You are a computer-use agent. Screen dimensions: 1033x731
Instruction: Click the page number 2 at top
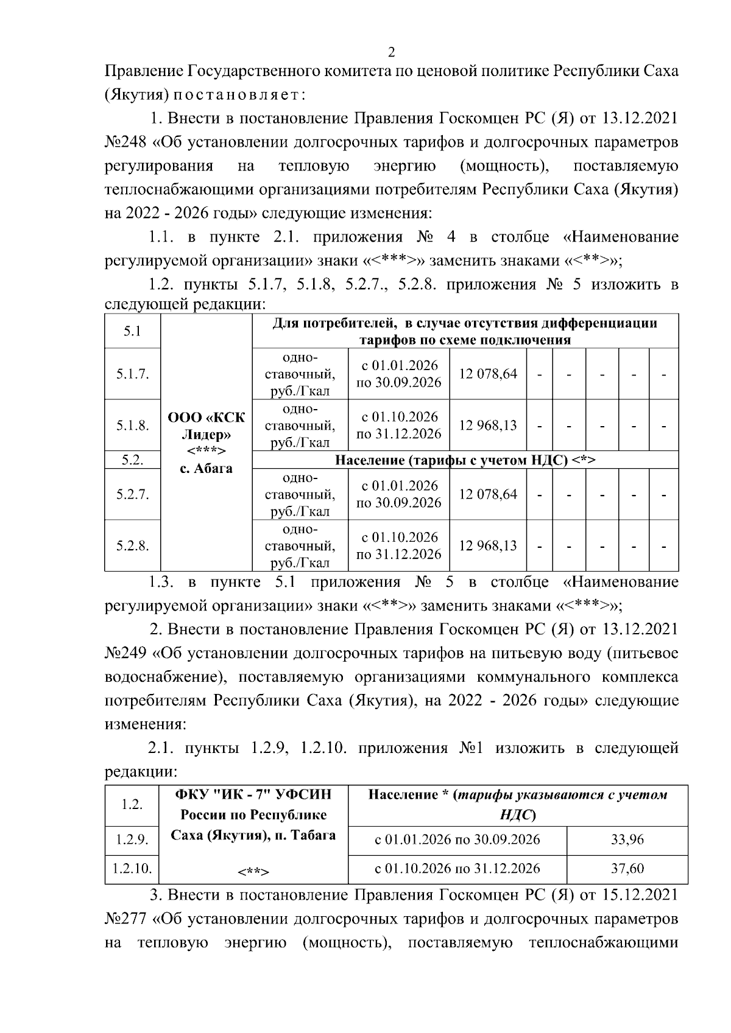point(391,52)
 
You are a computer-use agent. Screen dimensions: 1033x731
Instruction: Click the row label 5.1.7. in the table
point(133,374)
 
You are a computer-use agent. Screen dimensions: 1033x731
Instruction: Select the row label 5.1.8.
point(133,425)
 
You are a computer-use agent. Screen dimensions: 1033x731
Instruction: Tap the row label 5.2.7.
point(133,494)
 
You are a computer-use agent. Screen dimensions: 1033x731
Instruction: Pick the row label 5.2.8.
point(133,545)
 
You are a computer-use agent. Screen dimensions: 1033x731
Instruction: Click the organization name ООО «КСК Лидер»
point(207,426)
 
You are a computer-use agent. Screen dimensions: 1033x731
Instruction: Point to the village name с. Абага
point(207,469)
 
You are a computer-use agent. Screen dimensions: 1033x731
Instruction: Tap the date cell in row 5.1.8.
point(399,425)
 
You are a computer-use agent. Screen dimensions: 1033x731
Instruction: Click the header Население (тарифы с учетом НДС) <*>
point(465,460)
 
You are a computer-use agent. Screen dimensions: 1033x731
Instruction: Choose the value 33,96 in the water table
point(627,840)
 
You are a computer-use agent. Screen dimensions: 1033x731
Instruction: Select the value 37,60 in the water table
point(627,869)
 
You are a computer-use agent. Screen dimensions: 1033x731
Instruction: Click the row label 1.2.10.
point(132,869)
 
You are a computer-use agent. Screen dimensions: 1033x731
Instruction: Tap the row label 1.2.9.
point(132,840)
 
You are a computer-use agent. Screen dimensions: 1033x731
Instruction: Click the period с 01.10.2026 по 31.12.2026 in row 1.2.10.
point(457,869)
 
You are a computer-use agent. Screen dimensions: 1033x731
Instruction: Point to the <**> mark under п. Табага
point(253,872)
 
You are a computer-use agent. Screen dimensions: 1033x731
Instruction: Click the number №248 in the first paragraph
point(125,142)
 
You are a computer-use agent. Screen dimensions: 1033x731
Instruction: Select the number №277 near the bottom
point(125,919)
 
